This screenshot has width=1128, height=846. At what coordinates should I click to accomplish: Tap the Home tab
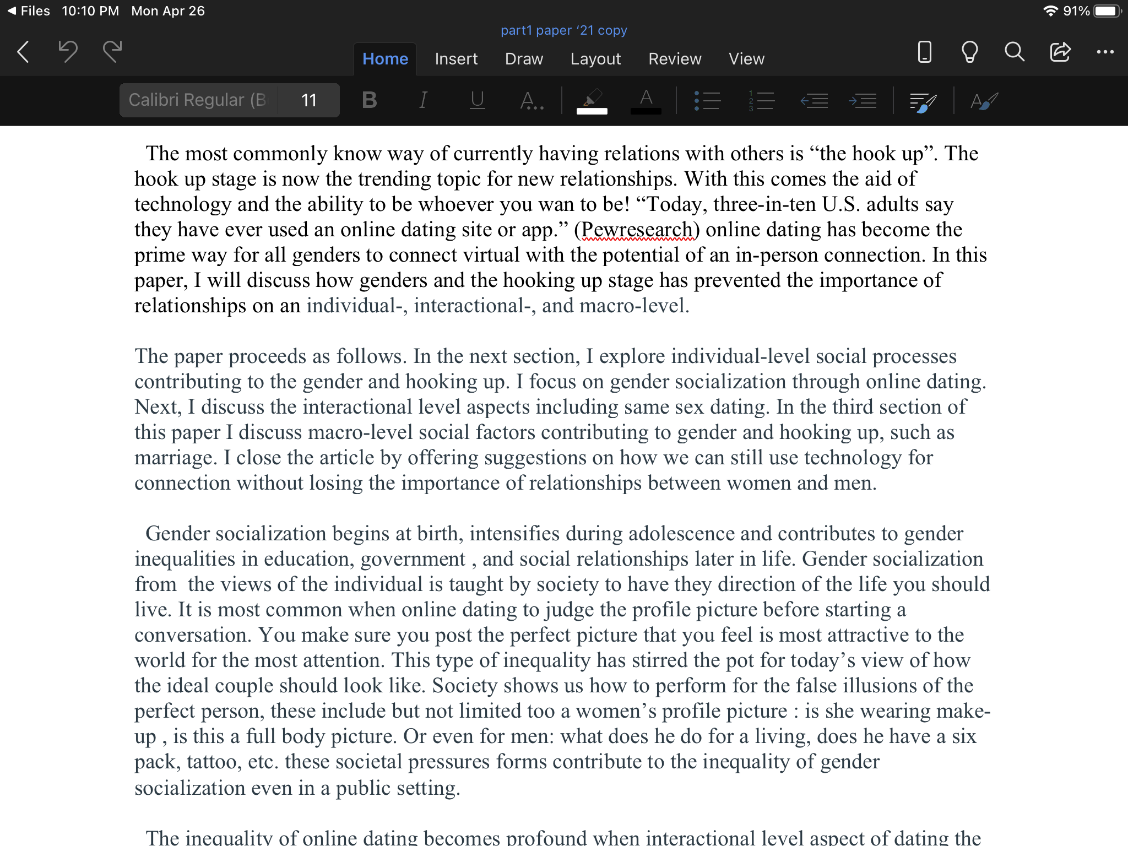coord(385,59)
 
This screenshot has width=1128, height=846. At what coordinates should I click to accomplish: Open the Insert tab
coord(456,59)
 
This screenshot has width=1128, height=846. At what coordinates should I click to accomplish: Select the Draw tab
coord(524,59)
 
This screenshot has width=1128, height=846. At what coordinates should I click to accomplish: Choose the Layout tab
coord(595,59)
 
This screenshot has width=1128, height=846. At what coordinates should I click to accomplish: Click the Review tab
coord(675,59)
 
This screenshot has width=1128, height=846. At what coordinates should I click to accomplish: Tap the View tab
coord(746,59)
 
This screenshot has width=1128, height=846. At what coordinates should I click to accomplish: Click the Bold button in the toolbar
coord(370,100)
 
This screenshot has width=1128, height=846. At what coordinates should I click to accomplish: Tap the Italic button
coord(423,100)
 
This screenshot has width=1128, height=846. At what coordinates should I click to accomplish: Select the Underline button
coord(477,100)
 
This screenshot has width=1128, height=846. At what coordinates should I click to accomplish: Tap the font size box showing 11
coord(308,100)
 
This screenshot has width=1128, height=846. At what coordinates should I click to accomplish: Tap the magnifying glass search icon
coord(1014,52)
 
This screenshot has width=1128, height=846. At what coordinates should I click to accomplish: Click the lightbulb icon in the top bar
coord(969,52)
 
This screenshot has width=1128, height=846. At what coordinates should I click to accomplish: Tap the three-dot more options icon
coord(1105,52)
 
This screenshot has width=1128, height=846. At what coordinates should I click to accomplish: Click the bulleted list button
coord(708,101)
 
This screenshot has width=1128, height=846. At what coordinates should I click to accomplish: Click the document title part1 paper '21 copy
coord(563,30)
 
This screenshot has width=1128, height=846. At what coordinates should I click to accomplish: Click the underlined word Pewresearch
coord(637,230)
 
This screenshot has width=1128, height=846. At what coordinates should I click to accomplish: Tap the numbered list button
coord(761,101)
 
